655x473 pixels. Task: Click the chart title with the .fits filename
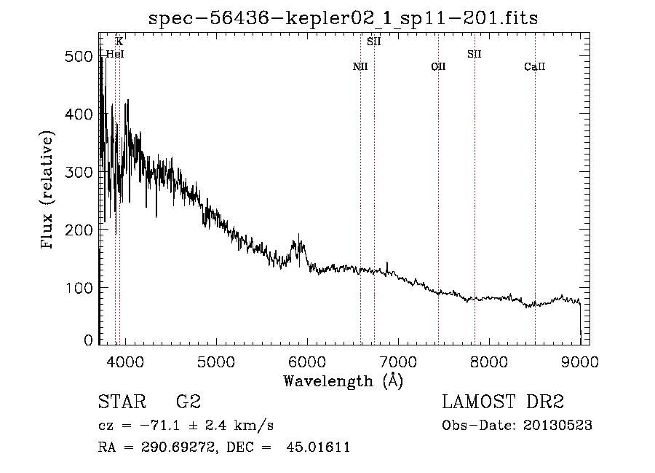(x=343, y=18)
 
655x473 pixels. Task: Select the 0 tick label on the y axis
(x=89, y=340)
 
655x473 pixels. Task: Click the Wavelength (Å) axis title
(x=343, y=380)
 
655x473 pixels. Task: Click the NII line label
(x=360, y=66)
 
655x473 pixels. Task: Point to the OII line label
(x=438, y=66)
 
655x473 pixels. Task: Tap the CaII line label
(x=535, y=66)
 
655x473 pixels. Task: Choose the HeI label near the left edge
(x=114, y=54)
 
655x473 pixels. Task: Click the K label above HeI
(x=119, y=42)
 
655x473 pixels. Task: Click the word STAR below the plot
(x=121, y=402)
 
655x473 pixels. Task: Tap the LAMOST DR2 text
(x=503, y=402)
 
